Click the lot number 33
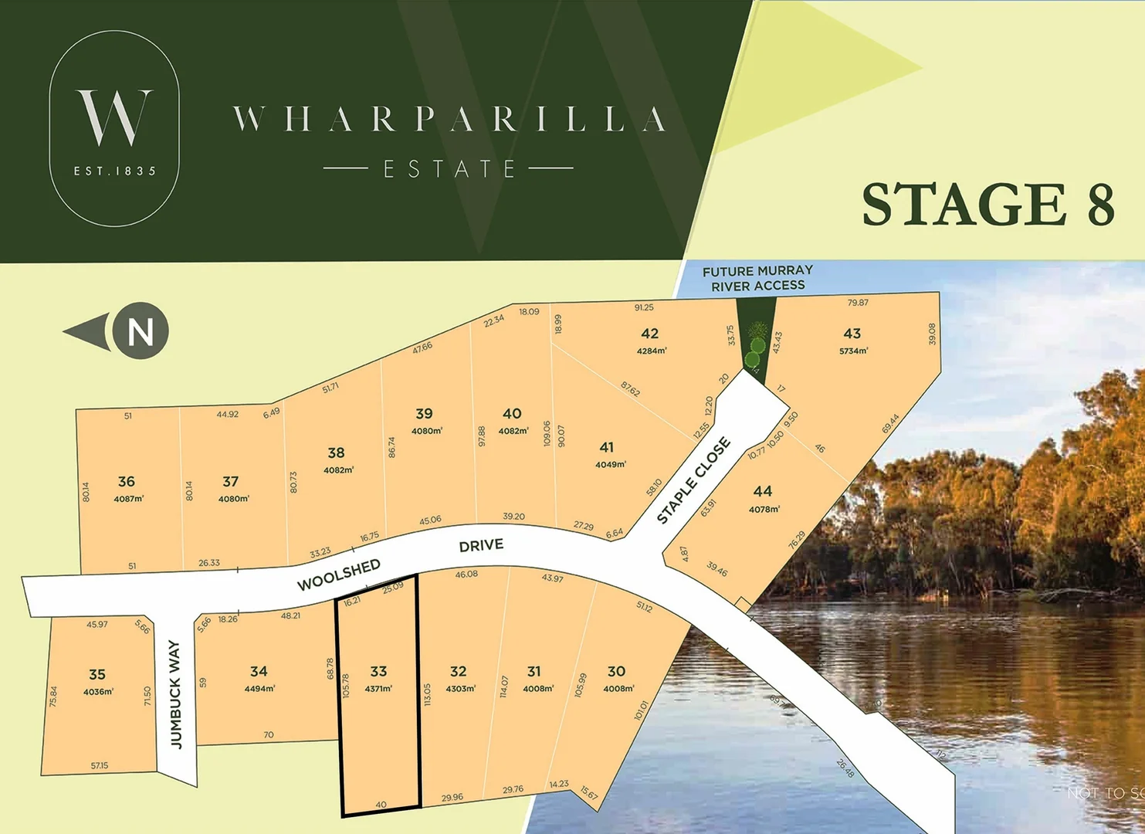(x=378, y=672)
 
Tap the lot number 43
(x=852, y=334)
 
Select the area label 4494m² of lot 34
(x=259, y=688)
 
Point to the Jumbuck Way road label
(x=175, y=694)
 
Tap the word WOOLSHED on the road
(x=339, y=575)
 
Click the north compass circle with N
(x=141, y=331)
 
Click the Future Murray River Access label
(x=757, y=278)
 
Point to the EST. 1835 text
(x=114, y=171)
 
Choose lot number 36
(x=127, y=481)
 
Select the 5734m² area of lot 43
(x=853, y=351)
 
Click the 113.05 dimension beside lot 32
(x=427, y=694)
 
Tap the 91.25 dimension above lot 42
(x=644, y=307)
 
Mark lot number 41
(x=607, y=447)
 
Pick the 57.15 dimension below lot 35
(x=100, y=766)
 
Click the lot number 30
(x=616, y=672)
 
